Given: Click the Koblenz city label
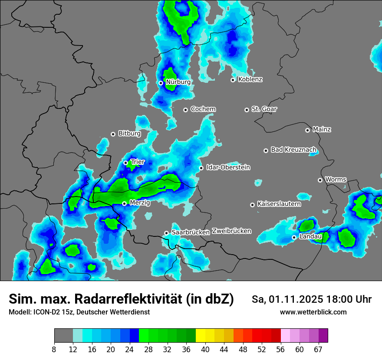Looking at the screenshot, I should click(x=250, y=79).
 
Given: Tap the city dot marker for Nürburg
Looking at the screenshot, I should click(x=161, y=83).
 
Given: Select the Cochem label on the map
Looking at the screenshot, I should click(x=203, y=109).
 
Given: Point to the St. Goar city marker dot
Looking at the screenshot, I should click(x=247, y=110).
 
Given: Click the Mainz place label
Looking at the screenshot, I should click(x=322, y=129).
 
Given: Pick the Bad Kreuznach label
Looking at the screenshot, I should click(x=293, y=150).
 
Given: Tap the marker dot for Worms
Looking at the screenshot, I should click(x=320, y=180).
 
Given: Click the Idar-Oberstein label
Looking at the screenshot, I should click(x=228, y=167).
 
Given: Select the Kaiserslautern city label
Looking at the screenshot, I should click(x=279, y=204).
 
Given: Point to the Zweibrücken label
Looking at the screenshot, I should click(x=231, y=231).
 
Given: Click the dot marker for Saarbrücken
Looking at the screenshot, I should click(x=166, y=233).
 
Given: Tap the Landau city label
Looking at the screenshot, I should click(x=310, y=236).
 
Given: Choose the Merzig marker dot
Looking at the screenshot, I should click(x=124, y=203).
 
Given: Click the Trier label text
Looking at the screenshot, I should click(x=138, y=162).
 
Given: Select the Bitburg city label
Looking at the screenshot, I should click(x=129, y=134).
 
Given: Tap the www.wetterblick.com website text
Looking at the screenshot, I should click(x=313, y=312).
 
